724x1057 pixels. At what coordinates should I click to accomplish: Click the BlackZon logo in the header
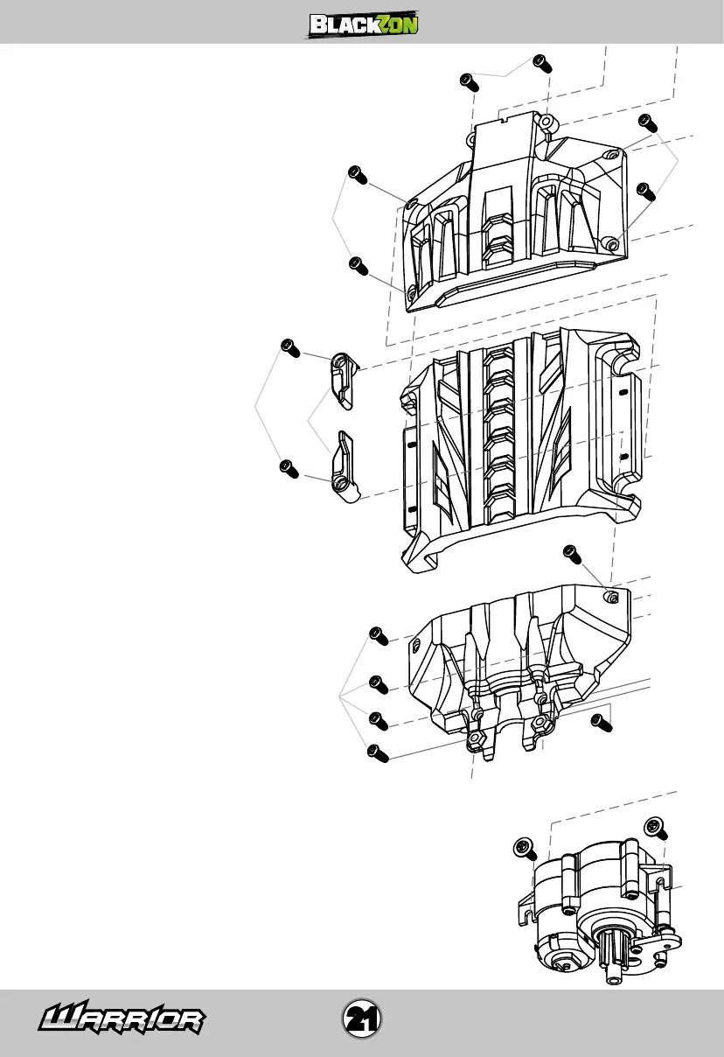362,24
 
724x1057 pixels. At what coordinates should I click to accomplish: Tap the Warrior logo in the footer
122,1018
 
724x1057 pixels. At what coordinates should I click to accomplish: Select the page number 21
361,1018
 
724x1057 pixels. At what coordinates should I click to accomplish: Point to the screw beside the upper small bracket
290,347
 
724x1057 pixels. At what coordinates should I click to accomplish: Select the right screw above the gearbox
655,826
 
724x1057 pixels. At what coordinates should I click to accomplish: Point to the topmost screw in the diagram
541,62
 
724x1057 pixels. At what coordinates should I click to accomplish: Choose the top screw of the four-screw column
379,635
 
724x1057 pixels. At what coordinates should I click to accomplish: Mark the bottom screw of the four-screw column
378,752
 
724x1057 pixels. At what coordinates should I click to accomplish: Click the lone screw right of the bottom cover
601,722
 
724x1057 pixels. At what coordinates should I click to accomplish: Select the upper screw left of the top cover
356,174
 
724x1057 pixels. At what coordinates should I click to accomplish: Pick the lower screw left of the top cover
356,265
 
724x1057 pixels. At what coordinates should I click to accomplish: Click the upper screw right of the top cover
647,122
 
